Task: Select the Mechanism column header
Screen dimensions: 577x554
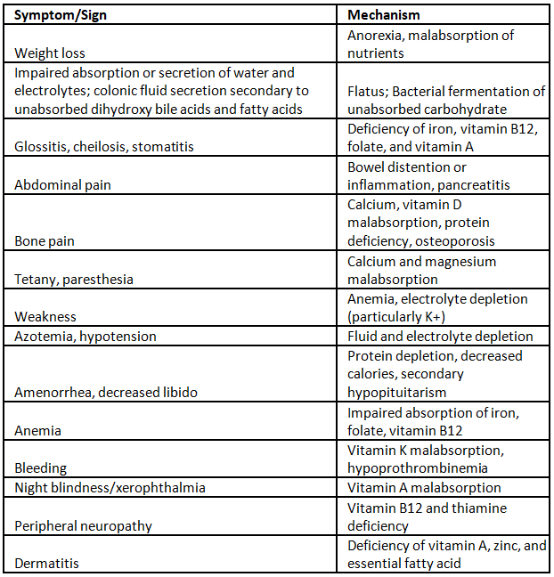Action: click(x=384, y=15)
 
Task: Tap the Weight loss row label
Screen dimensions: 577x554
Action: click(x=50, y=53)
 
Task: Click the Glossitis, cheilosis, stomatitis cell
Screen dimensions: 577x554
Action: click(x=104, y=148)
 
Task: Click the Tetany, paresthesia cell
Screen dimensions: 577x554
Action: click(x=74, y=280)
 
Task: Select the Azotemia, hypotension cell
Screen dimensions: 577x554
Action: click(x=86, y=337)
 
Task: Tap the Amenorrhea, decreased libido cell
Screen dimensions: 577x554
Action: click(x=106, y=393)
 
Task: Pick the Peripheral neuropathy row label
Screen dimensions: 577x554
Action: click(x=83, y=525)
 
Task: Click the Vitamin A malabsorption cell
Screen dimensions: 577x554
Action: click(x=424, y=488)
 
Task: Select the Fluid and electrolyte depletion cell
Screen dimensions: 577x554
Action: click(x=440, y=337)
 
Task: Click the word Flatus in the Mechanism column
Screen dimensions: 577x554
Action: click(x=365, y=92)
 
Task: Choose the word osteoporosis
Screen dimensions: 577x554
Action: click(x=452, y=241)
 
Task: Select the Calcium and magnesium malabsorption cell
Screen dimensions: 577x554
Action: click(x=422, y=271)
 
